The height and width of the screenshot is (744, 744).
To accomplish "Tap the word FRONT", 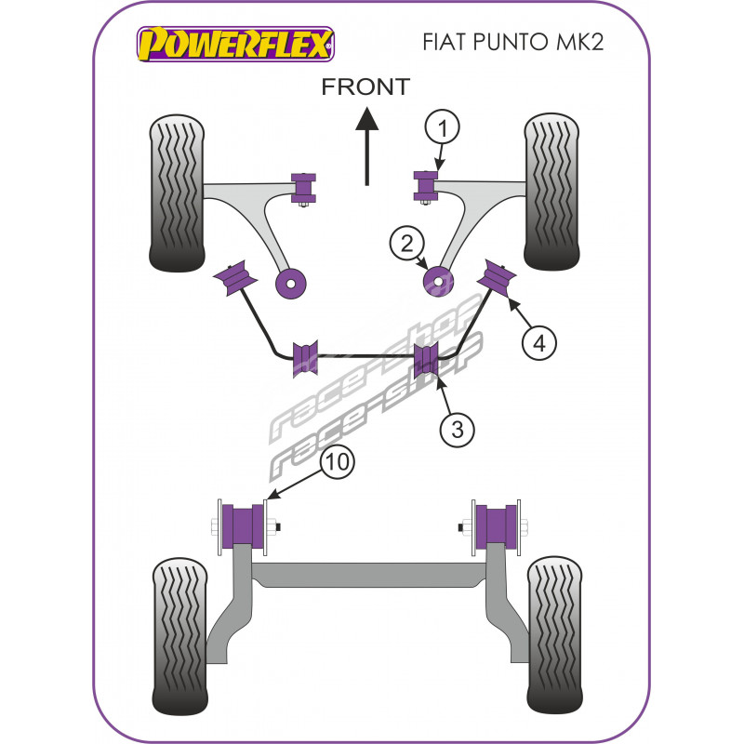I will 365,86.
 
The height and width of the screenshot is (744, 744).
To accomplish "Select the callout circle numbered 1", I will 443,127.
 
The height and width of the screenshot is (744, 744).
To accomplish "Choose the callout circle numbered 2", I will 406,245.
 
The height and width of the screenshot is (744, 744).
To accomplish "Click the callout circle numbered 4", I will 538,343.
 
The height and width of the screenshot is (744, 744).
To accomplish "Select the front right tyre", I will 556,193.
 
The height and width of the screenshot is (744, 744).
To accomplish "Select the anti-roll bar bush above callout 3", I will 426,357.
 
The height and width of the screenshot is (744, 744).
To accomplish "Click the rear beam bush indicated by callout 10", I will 245,526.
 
